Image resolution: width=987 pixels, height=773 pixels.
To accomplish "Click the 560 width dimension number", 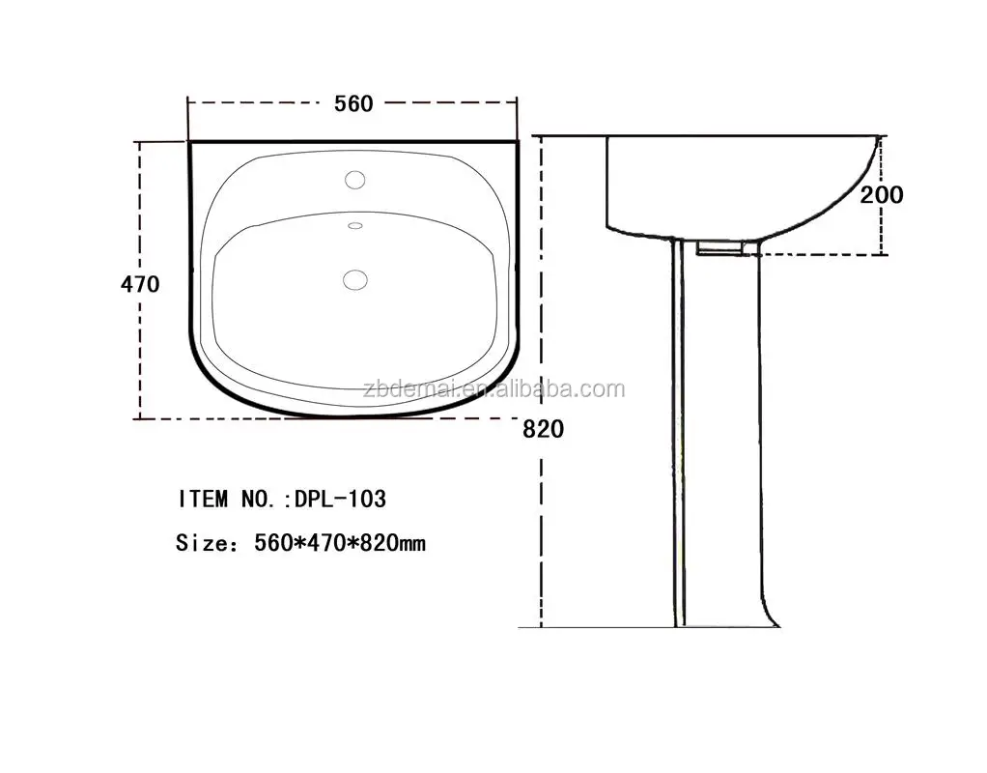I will tap(353, 103).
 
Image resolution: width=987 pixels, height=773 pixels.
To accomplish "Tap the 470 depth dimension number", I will tap(140, 284).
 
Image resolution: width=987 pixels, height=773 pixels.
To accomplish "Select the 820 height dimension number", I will tap(543, 429).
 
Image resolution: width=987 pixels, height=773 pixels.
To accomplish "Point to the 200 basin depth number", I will tap(882, 195).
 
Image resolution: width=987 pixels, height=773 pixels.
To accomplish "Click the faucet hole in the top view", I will tap(355, 180).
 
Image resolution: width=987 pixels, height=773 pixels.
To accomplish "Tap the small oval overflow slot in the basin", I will tap(354, 226).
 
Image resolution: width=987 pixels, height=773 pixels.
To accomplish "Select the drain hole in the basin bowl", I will tap(355, 280).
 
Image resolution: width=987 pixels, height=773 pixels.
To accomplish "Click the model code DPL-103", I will tap(340, 499).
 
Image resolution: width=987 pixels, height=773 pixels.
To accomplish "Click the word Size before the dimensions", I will tap(199, 543).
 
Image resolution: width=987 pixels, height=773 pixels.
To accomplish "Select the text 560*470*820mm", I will tap(340, 543).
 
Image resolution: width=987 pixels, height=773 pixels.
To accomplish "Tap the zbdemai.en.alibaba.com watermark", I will tap(495, 389).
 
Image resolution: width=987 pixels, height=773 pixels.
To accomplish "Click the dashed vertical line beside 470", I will tap(141, 348).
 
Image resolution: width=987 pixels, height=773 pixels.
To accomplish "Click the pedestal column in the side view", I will tap(719, 435).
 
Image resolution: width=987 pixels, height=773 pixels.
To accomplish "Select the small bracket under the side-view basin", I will tap(719, 249).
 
